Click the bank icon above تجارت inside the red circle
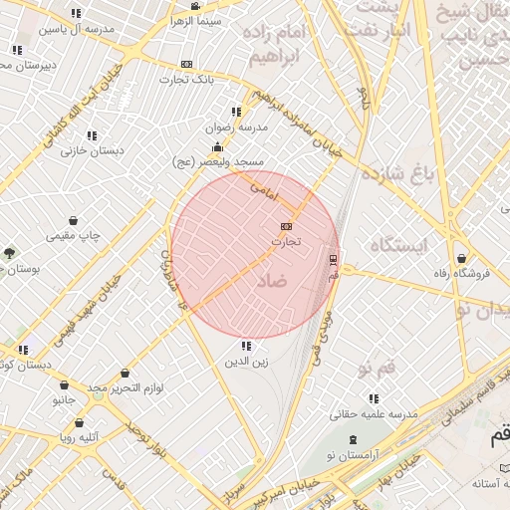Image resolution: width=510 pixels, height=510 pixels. click(x=287, y=226)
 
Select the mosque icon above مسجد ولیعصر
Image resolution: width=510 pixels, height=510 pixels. click(x=217, y=146)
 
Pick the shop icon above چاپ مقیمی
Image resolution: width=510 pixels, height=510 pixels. click(x=74, y=221)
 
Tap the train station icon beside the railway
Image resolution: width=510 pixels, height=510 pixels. click(x=333, y=261)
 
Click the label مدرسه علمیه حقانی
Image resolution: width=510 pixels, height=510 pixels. click(x=374, y=413)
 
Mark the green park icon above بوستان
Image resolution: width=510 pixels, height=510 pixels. click(x=10, y=253)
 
